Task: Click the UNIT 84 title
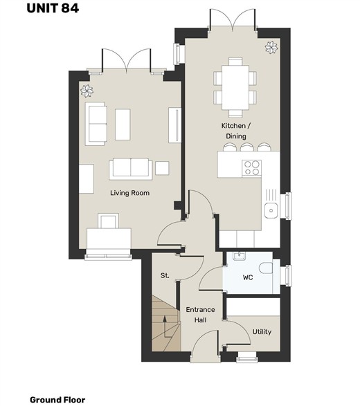[x=53, y=8]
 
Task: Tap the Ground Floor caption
[x=57, y=400]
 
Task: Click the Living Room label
[x=130, y=193]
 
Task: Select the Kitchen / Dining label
[x=236, y=131]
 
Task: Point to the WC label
[x=248, y=277]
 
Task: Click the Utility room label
[x=262, y=332]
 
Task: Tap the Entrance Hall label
[x=200, y=315]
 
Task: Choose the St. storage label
[x=165, y=275]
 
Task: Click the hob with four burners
[x=251, y=168]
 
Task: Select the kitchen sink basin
[x=271, y=210]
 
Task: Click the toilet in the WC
[x=266, y=268]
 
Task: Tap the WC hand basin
[x=238, y=256]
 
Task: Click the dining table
[x=235, y=88]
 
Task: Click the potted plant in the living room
[x=87, y=91]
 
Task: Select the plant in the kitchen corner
[x=271, y=48]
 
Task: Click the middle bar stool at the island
[x=246, y=147]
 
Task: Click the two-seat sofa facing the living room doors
[x=131, y=169]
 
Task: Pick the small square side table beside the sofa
[x=162, y=168]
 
